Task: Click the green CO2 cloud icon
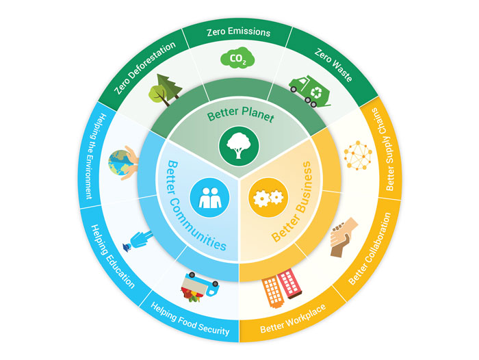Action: point(237,57)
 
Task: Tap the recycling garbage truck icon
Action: point(309,91)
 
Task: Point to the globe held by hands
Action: point(123,163)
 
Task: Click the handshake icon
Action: point(344,237)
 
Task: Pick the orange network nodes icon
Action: point(358,155)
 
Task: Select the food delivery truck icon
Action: point(200,287)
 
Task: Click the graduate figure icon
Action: point(137,241)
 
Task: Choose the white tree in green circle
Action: point(239,146)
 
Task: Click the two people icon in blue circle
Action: point(209,197)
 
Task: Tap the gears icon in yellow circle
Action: point(268,197)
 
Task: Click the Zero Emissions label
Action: point(239,32)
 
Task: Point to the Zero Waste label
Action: point(333,65)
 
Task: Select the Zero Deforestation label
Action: point(145,67)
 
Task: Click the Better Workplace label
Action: point(293,318)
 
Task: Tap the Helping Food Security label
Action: point(190,319)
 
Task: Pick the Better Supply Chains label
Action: point(383,149)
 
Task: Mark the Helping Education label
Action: point(113,257)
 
